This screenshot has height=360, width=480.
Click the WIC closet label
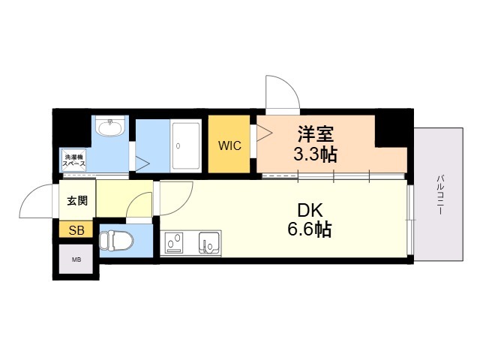point(229,145)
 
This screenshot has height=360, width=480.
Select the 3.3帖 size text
point(315,154)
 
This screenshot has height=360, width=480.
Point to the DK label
point(310,210)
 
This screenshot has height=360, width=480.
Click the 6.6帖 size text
point(310,229)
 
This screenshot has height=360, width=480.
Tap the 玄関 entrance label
point(77,201)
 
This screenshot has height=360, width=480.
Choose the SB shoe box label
point(76,230)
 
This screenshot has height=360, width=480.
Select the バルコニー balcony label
point(440,194)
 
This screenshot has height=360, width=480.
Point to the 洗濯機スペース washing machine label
point(73,160)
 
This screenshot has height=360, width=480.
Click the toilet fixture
point(117,241)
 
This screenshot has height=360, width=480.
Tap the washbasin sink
point(110,125)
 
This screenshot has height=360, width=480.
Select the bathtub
point(185,146)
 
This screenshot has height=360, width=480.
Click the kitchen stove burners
point(173,243)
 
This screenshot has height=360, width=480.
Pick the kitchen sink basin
point(209,243)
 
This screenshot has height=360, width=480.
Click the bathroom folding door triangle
point(142,163)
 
